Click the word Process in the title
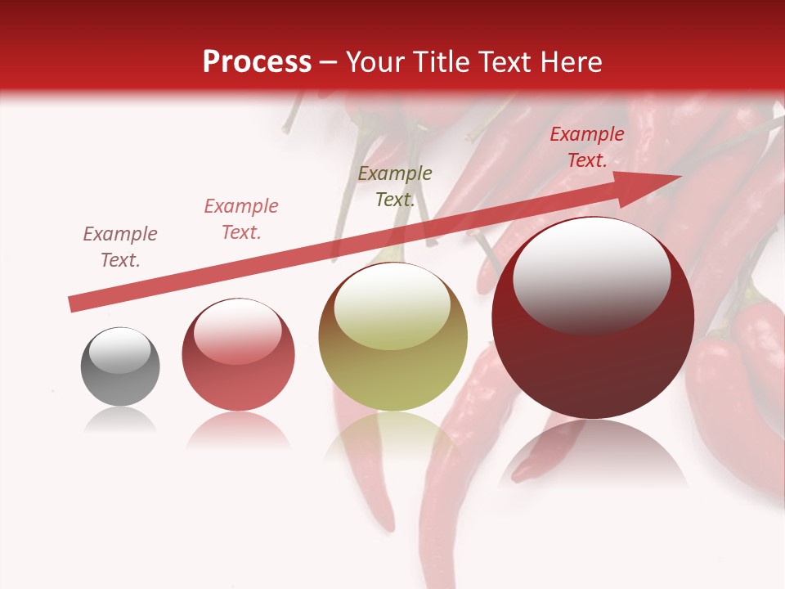pos(257,62)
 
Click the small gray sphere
pos(120,367)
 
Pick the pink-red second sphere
pos(238,354)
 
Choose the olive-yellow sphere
pos(393,337)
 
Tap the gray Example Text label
pos(120,247)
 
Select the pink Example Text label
pos(241,219)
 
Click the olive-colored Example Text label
pos(395,187)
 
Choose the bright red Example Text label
pos(587,147)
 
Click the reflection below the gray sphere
pos(120,420)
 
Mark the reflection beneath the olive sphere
pos(393,438)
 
